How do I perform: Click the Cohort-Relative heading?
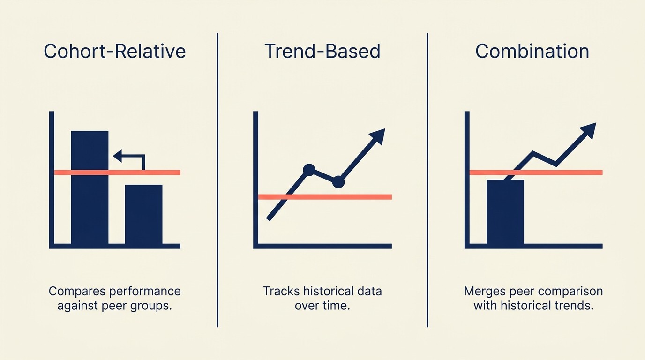[x=114, y=51]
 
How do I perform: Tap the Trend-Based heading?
[x=322, y=51]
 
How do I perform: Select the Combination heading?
[x=532, y=51]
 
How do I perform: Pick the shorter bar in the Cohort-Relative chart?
[x=143, y=215]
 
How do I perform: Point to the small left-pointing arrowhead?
[x=118, y=156]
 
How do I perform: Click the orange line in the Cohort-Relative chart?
[x=117, y=172]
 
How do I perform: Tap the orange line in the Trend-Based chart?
[x=325, y=197]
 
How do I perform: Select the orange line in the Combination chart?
[x=536, y=172]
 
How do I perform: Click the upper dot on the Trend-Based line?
[x=309, y=170]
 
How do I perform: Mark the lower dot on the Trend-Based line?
[x=338, y=182]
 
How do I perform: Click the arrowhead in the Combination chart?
[x=588, y=130]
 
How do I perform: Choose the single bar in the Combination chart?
[x=505, y=212]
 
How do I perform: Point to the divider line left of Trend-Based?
[x=217, y=180]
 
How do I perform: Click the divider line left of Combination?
[x=427, y=180]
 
